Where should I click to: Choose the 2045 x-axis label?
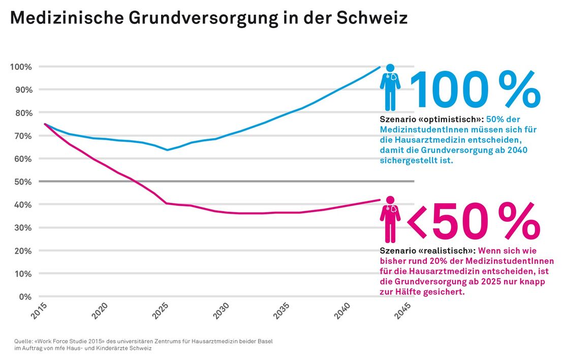pyautogui.click(x=402, y=310)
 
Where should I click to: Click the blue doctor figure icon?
pyautogui.click(x=390, y=87)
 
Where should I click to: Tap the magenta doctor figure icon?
pyautogui.click(x=390, y=219)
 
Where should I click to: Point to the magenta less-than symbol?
pyautogui.click(x=417, y=223)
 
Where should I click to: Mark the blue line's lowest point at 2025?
pyautogui.click(x=166, y=150)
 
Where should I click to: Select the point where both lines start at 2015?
pyautogui.click(x=45, y=124)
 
